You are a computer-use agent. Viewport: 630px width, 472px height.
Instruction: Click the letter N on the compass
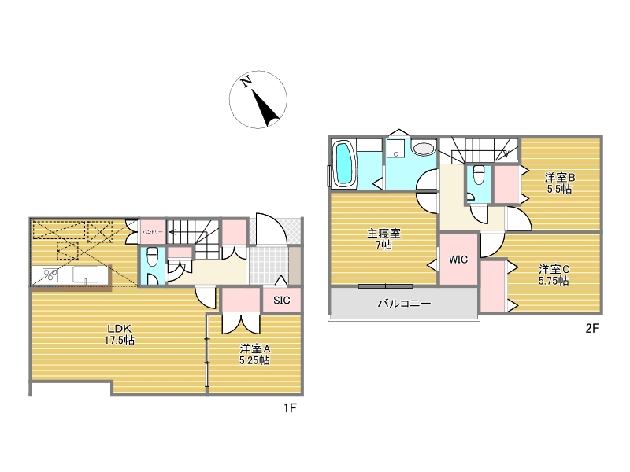click(246, 82)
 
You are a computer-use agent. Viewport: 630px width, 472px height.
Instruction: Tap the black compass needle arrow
click(265, 108)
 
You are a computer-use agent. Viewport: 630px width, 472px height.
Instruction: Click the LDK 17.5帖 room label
click(120, 334)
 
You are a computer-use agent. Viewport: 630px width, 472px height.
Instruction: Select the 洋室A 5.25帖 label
click(254, 354)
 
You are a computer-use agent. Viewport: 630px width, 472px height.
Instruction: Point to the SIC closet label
click(282, 301)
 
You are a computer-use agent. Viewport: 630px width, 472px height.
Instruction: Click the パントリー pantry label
click(152, 232)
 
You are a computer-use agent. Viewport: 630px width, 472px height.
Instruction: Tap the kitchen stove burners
click(50, 275)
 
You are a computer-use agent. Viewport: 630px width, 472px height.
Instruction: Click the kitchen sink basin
click(85, 275)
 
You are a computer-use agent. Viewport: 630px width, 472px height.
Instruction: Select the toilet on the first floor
click(151, 257)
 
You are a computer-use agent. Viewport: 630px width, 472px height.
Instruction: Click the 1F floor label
click(290, 408)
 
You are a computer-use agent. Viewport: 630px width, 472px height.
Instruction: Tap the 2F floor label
click(592, 328)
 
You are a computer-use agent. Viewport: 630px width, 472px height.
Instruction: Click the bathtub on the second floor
click(344, 163)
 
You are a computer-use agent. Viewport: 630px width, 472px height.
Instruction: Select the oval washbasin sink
click(424, 149)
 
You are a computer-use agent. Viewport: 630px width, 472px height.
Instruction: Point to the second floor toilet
click(479, 175)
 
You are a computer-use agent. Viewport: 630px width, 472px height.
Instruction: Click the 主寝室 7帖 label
click(384, 239)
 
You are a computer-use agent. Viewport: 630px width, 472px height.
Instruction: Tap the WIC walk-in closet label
click(458, 260)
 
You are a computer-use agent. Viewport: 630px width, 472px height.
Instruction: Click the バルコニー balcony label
click(404, 303)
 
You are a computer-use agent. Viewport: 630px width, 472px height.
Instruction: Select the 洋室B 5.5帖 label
click(560, 183)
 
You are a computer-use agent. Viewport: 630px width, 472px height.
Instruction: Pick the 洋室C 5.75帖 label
click(554, 275)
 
